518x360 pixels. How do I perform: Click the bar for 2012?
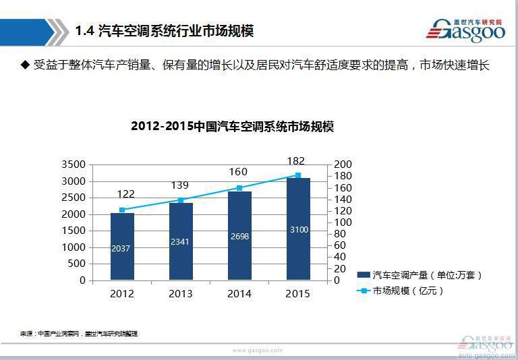[x=122, y=246]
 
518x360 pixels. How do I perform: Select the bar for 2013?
[x=181, y=241]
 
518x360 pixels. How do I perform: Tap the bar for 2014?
[x=239, y=235]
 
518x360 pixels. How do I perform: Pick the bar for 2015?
[x=298, y=229]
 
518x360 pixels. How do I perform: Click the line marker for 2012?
[x=122, y=210]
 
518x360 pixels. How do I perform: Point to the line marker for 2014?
[x=239, y=188]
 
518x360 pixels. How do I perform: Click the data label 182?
[x=295, y=161]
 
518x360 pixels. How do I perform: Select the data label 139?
[x=181, y=185]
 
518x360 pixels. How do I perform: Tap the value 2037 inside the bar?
[x=122, y=249]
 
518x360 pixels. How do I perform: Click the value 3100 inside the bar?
[x=299, y=230]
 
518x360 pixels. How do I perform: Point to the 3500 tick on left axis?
[x=74, y=164]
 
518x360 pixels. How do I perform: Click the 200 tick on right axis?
[x=343, y=164]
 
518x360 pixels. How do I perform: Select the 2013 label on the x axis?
[x=181, y=294]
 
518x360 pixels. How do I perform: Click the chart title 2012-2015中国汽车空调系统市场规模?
[x=232, y=127]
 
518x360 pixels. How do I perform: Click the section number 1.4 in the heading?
[x=84, y=31]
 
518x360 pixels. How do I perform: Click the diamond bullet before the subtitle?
[x=26, y=65]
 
